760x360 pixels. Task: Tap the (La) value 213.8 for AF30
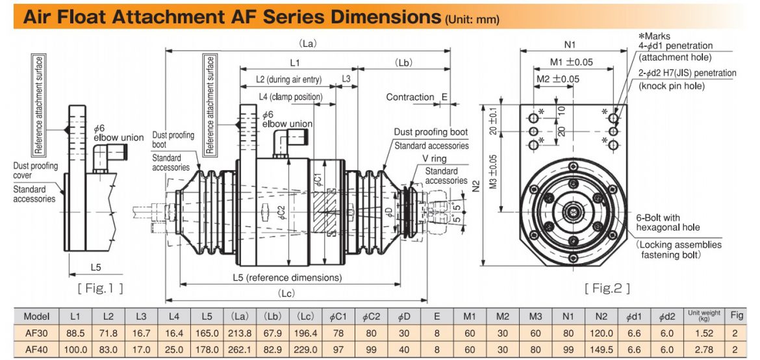pos(240,333)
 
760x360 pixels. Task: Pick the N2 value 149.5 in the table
pos(601,349)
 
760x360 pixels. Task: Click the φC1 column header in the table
pos(338,316)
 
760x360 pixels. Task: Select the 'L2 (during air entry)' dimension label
pos(288,79)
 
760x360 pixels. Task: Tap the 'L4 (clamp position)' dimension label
pos(290,97)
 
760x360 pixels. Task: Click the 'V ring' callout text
pos(434,158)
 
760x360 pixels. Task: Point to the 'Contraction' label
pos(410,97)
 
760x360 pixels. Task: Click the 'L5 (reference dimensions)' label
pos(286,277)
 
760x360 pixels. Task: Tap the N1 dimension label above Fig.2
pos(570,45)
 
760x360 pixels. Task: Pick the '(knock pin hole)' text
pos(671,86)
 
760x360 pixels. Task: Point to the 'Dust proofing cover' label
pos(35,170)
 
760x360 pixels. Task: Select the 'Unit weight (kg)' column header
pos(704,316)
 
